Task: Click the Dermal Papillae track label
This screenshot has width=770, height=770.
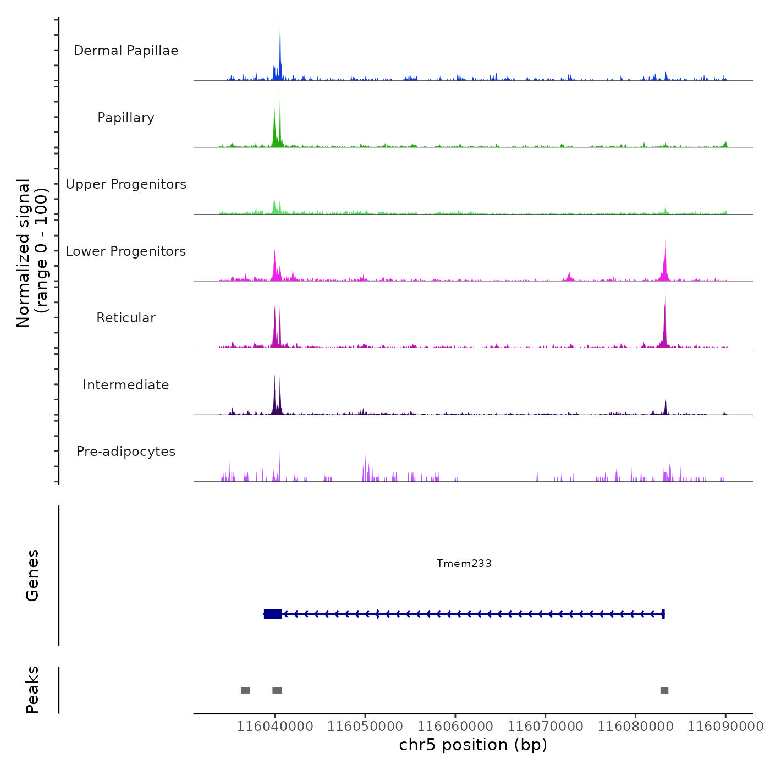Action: point(126,51)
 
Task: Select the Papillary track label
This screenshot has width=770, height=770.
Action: point(126,118)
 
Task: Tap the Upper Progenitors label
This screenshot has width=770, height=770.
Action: point(126,184)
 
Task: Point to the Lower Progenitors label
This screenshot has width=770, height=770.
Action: point(126,251)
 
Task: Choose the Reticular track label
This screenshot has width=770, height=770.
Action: point(126,318)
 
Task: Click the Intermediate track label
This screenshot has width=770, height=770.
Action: point(126,385)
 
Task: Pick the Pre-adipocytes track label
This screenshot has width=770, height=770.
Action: point(126,452)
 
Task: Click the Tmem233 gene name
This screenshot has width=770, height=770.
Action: point(464,563)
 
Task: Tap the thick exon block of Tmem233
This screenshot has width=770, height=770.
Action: point(273,614)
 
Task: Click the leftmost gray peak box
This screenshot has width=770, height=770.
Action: point(245,690)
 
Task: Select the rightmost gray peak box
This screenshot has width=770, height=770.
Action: point(664,690)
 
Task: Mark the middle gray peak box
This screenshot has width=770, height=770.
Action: point(277,690)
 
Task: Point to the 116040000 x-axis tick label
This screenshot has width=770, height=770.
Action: point(275,726)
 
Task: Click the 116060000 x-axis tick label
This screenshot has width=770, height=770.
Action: point(455,726)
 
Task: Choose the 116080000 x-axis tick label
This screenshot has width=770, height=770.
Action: point(635,726)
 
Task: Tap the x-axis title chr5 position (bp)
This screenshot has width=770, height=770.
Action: point(473,745)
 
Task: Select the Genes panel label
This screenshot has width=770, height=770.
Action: point(32,575)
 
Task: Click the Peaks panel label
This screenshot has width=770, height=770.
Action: point(32,690)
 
